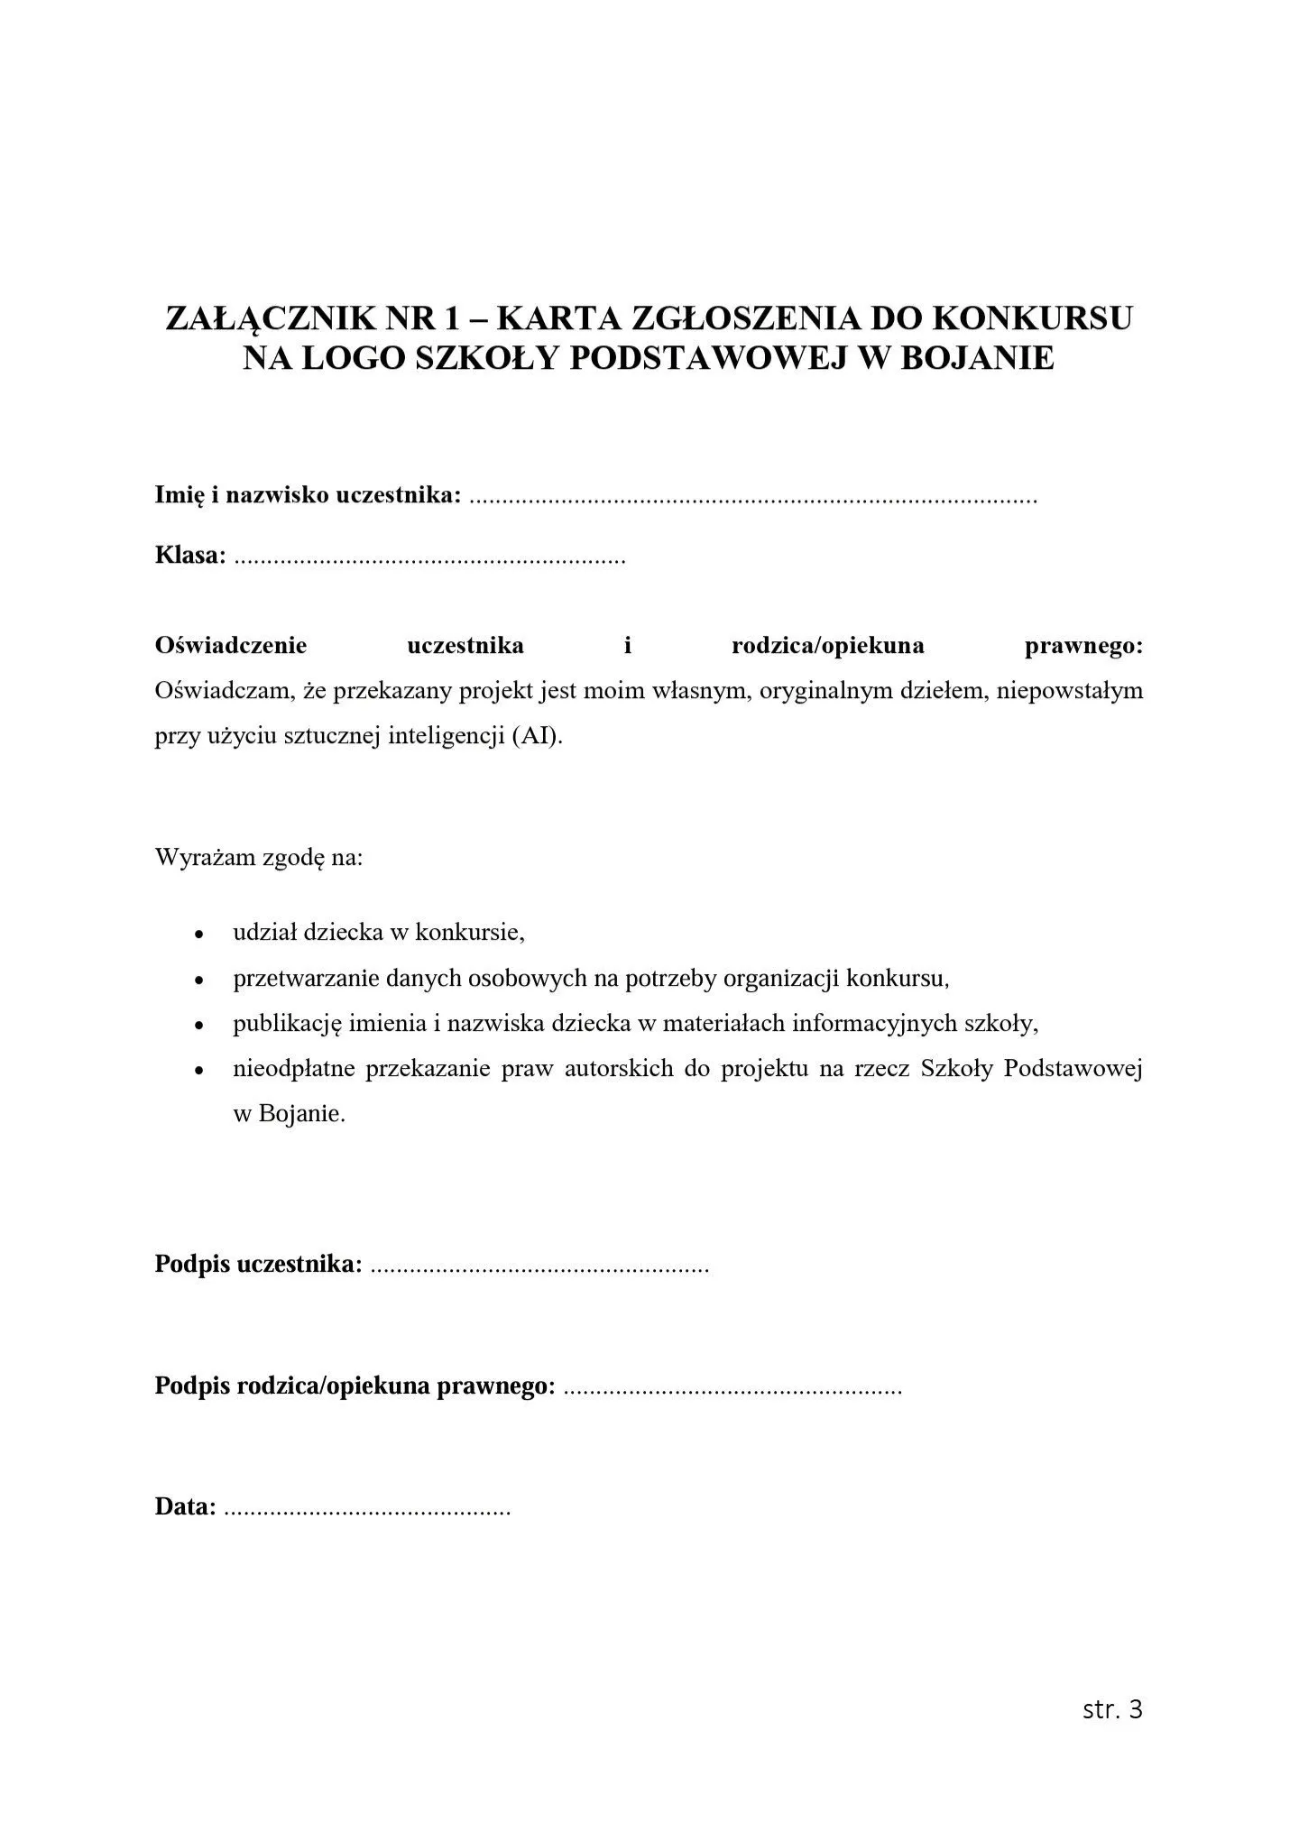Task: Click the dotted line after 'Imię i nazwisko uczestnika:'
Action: coord(754,497)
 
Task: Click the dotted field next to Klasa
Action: coord(429,557)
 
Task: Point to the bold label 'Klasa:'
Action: coord(190,556)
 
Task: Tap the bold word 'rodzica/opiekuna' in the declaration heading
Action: coord(827,646)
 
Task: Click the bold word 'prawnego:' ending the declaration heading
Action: coord(1084,646)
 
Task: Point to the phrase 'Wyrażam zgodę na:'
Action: coord(259,856)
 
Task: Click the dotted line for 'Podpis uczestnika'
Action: coord(539,1266)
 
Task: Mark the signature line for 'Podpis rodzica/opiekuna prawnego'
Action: coord(732,1386)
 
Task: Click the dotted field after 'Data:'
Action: coord(366,1507)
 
